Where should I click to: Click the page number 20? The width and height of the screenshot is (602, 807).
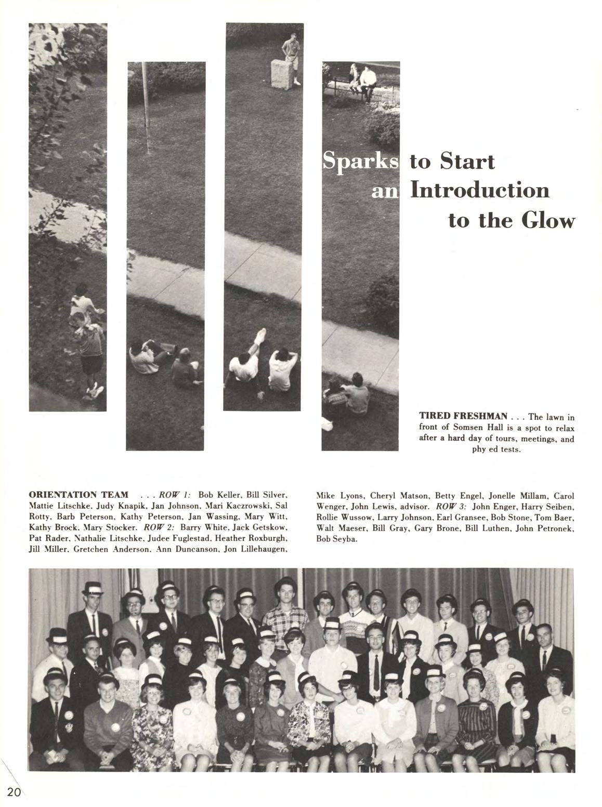click(x=14, y=791)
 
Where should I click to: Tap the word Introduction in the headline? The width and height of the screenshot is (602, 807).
click(x=480, y=189)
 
